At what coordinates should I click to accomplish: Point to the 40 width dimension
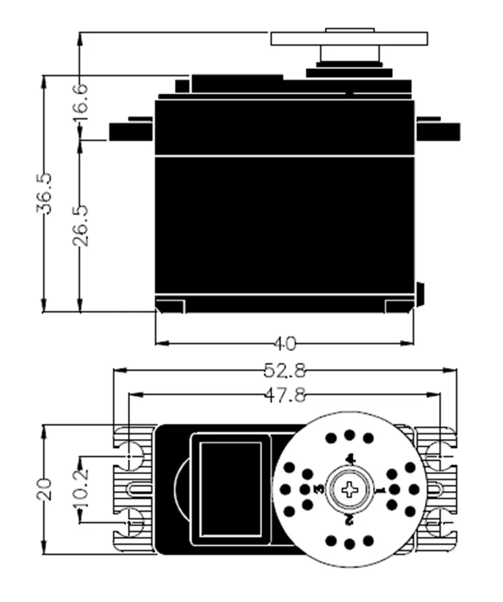tap(284, 344)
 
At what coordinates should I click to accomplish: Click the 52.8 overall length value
tap(284, 371)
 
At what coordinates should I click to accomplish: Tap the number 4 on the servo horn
tap(350, 460)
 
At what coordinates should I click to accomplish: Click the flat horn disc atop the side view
tap(349, 38)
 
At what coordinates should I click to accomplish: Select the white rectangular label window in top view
tap(230, 488)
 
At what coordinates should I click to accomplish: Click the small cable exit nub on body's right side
tap(420, 293)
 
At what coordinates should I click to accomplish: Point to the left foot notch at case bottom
tap(169, 306)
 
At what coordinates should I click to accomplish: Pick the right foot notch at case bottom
tap(399, 306)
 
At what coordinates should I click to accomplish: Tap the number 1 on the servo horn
tap(378, 488)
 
